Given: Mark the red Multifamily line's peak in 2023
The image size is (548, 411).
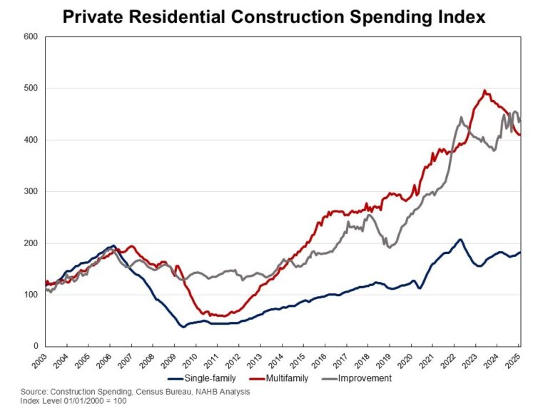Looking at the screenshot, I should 485,91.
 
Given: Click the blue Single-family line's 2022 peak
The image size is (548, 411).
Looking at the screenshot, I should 460,239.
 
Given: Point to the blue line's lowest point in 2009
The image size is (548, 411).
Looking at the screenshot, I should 183,327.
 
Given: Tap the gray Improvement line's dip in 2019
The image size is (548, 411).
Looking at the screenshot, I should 388,247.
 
